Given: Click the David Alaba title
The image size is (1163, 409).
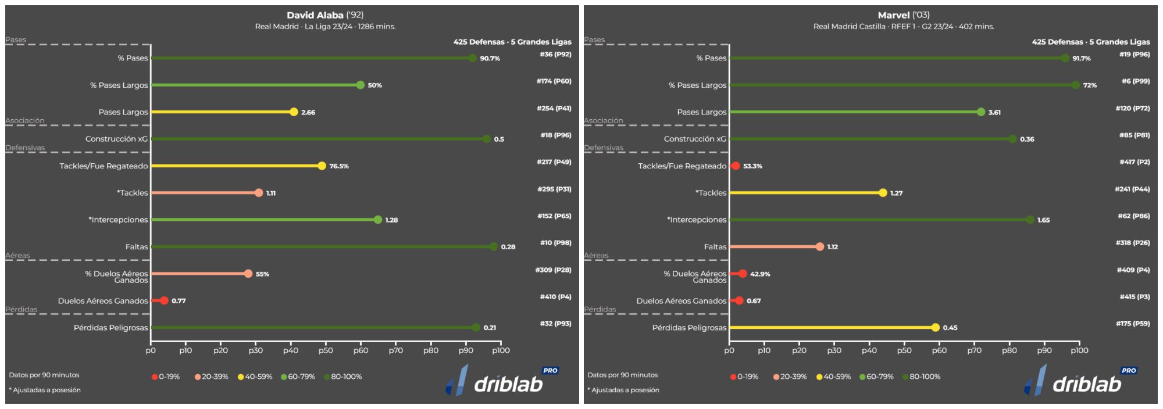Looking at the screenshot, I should point(325,15).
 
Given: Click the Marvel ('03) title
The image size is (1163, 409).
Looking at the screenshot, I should point(904,15).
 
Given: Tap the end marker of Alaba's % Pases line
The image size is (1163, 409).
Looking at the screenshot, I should point(472,58).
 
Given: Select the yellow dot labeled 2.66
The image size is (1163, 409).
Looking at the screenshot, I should point(294,112).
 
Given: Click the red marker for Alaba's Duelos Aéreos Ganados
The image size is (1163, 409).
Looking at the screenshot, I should point(164,300).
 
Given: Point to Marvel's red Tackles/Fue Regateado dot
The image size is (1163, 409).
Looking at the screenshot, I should point(736,166).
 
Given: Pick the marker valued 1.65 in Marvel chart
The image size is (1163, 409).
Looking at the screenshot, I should point(1030,220).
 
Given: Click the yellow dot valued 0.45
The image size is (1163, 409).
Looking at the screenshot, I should point(935,328).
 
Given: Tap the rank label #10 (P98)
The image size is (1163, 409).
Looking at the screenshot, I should point(555,243).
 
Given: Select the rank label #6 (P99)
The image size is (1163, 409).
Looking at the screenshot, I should point(1135,81).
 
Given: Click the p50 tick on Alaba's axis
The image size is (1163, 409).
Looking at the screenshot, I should point(326,350).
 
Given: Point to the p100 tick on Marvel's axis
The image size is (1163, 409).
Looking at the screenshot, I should point(1079,350).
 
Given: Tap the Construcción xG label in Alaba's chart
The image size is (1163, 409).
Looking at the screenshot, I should point(116,139).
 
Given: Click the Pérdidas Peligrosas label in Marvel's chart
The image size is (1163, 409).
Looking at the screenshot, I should point(689,328).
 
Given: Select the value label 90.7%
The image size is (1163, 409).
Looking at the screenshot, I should point(490,59).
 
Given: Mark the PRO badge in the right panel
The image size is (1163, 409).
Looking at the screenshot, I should point(1129,371).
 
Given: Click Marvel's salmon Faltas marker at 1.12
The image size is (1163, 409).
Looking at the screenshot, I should point(819,247).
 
